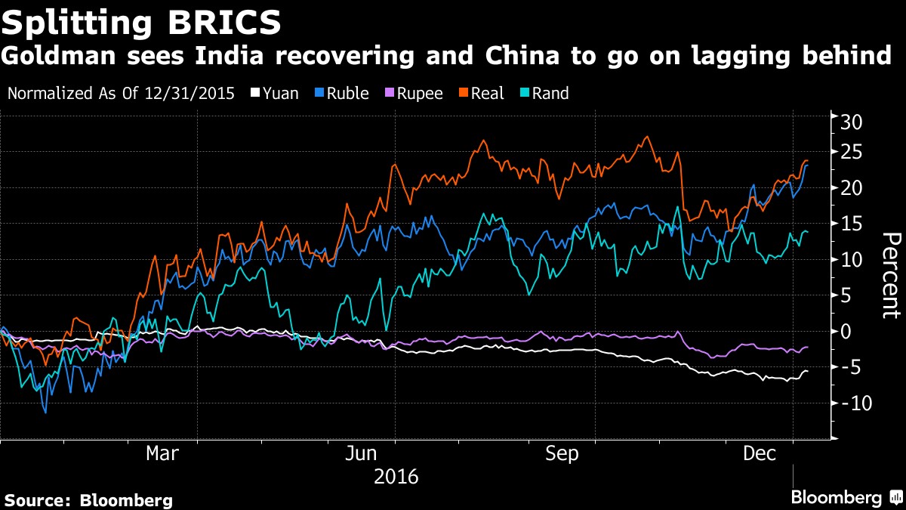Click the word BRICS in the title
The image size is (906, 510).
click(x=224, y=23)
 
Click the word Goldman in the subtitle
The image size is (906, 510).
click(x=58, y=55)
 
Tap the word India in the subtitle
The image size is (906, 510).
click(x=230, y=55)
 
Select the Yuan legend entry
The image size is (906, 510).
click(x=275, y=94)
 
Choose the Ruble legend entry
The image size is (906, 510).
click(x=342, y=94)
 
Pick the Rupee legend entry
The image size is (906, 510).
click(x=414, y=94)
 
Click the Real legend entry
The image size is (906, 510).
click(x=482, y=94)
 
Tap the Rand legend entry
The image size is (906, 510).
click(x=544, y=94)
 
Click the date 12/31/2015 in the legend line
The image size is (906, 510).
click(x=190, y=94)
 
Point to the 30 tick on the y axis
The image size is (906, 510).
click(x=851, y=122)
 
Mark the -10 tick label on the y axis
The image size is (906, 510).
click(x=857, y=403)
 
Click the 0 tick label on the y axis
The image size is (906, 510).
click(x=846, y=332)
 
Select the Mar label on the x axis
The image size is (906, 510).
click(x=162, y=453)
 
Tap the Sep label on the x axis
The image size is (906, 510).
click(x=562, y=453)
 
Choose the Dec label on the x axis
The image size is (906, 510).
click(x=760, y=453)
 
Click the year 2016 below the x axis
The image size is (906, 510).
click(x=396, y=477)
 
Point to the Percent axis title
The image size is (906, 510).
click(x=892, y=276)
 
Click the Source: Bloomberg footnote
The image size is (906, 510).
click(x=88, y=500)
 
